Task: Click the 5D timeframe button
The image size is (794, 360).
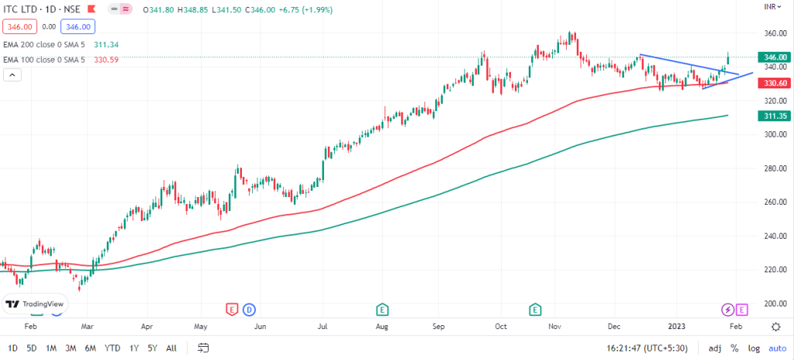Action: tap(31, 348)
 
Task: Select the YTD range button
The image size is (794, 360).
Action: tap(112, 348)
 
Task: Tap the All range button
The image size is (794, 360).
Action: tap(171, 348)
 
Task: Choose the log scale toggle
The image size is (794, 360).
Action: tap(752, 348)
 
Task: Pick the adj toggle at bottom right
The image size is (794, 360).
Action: tap(715, 348)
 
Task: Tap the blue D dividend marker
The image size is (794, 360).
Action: tap(249, 310)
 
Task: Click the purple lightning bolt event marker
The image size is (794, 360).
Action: tap(727, 310)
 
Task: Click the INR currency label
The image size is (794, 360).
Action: tap(771, 6)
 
